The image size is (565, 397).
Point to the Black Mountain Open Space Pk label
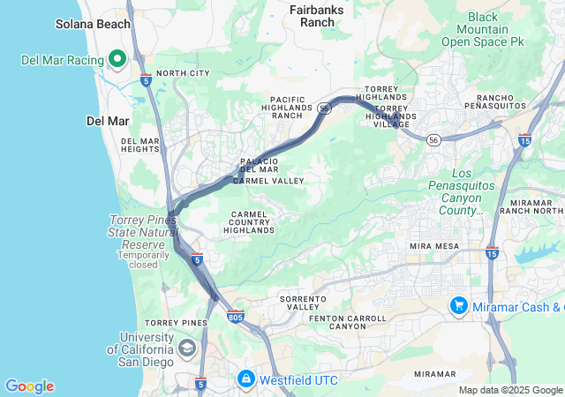click(482, 29)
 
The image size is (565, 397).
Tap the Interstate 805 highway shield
click(235, 316)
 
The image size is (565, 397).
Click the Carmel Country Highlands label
click(249, 222)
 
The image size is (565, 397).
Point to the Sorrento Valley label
click(303, 303)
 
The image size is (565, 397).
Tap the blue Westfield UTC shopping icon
click(246, 379)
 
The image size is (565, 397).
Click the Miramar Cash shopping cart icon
click(458, 306)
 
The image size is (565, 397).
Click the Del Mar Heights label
click(140, 146)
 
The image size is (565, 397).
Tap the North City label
click(183, 73)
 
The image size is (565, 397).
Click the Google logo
click(29, 386)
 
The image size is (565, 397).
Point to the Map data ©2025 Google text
click(508, 390)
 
